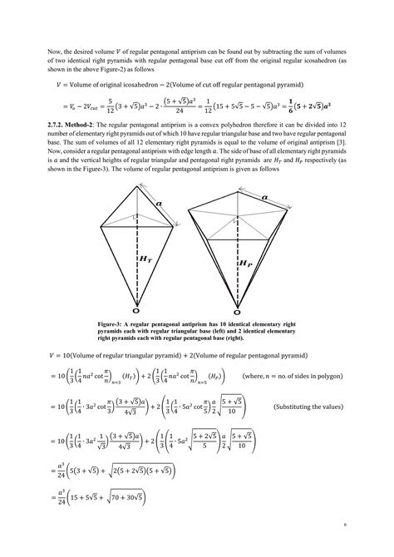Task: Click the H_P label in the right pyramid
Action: (x=246, y=264)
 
